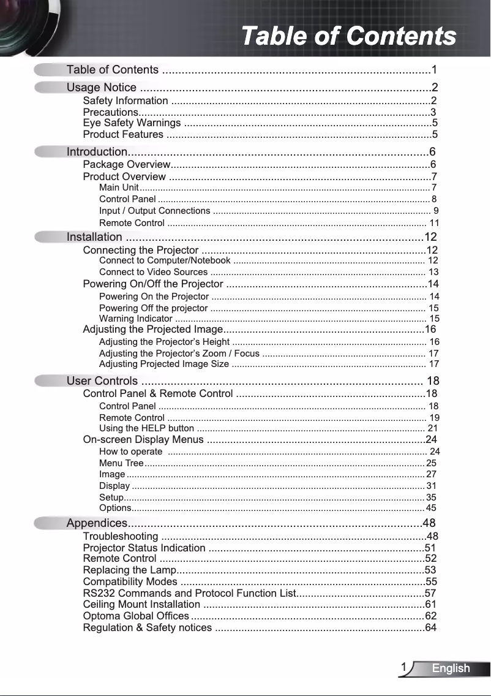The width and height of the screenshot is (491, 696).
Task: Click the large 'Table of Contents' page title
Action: coord(348,36)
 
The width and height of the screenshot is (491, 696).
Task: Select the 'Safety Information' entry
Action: coord(126,100)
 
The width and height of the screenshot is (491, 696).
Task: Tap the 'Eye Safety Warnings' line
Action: coord(132,123)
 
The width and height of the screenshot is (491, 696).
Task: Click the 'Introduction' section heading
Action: coord(97,151)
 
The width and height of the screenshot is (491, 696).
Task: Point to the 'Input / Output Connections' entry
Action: coord(154,211)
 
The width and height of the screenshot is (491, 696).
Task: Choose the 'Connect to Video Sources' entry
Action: coord(153,272)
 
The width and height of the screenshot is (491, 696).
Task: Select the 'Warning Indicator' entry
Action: coord(135,319)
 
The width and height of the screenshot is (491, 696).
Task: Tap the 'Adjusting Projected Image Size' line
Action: coord(164,365)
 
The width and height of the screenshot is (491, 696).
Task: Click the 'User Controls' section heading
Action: coord(102,381)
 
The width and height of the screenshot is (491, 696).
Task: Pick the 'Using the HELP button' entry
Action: coord(146,428)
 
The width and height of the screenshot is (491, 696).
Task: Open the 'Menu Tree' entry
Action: coord(121,463)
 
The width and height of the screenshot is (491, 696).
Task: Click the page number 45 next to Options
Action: coord(431,508)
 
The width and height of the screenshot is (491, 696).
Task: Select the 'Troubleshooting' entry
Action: coord(121,537)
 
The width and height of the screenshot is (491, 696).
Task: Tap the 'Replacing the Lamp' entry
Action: coord(129,570)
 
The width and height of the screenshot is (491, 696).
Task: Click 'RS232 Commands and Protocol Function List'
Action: coord(189,593)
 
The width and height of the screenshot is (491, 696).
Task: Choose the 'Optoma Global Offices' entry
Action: coord(136,616)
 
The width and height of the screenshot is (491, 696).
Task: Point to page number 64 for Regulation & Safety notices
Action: coord(431,627)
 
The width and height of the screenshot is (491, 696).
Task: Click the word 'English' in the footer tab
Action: coord(451,668)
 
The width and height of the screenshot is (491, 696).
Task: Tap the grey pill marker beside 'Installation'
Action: coord(50,236)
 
